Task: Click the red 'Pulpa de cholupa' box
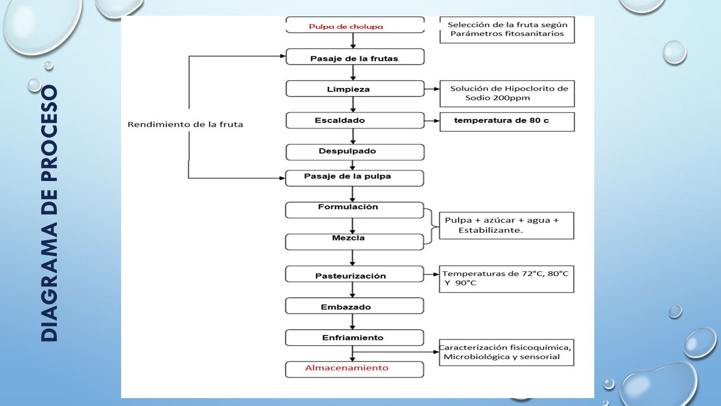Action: pyautogui.click(x=355, y=25)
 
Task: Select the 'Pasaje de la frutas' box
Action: pyautogui.click(x=355, y=57)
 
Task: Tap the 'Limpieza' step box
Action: pyautogui.click(x=355, y=89)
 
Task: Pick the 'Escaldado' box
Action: pyautogui.click(x=355, y=121)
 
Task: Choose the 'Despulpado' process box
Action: pyautogui.click(x=355, y=152)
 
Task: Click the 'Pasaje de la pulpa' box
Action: pyautogui.click(x=354, y=178)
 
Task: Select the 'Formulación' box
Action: pyautogui.click(x=354, y=210)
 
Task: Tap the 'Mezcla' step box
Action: pyautogui.click(x=354, y=242)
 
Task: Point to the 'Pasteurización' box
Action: pyautogui.click(x=354, y=274)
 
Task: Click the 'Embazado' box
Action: pyautogui.click(x=354, y=306)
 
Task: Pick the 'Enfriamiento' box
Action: pyautogui.click(x=354, y=338)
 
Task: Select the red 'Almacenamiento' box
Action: pyautogui.click(x=354, y=369)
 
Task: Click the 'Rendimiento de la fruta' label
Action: pyautogui.click(x=185, y=125)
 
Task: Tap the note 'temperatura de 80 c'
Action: pyautogui.click(x=501, y=121)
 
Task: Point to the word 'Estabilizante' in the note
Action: pyautogui.click(x=489, y=230)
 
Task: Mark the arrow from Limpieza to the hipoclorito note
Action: pyautogui.click(x=432, y=89)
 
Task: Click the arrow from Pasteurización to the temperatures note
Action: pyautogui.click(x=431, y=274)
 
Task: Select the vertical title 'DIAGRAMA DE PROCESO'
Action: pyautogui.click(x=49, y=213)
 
